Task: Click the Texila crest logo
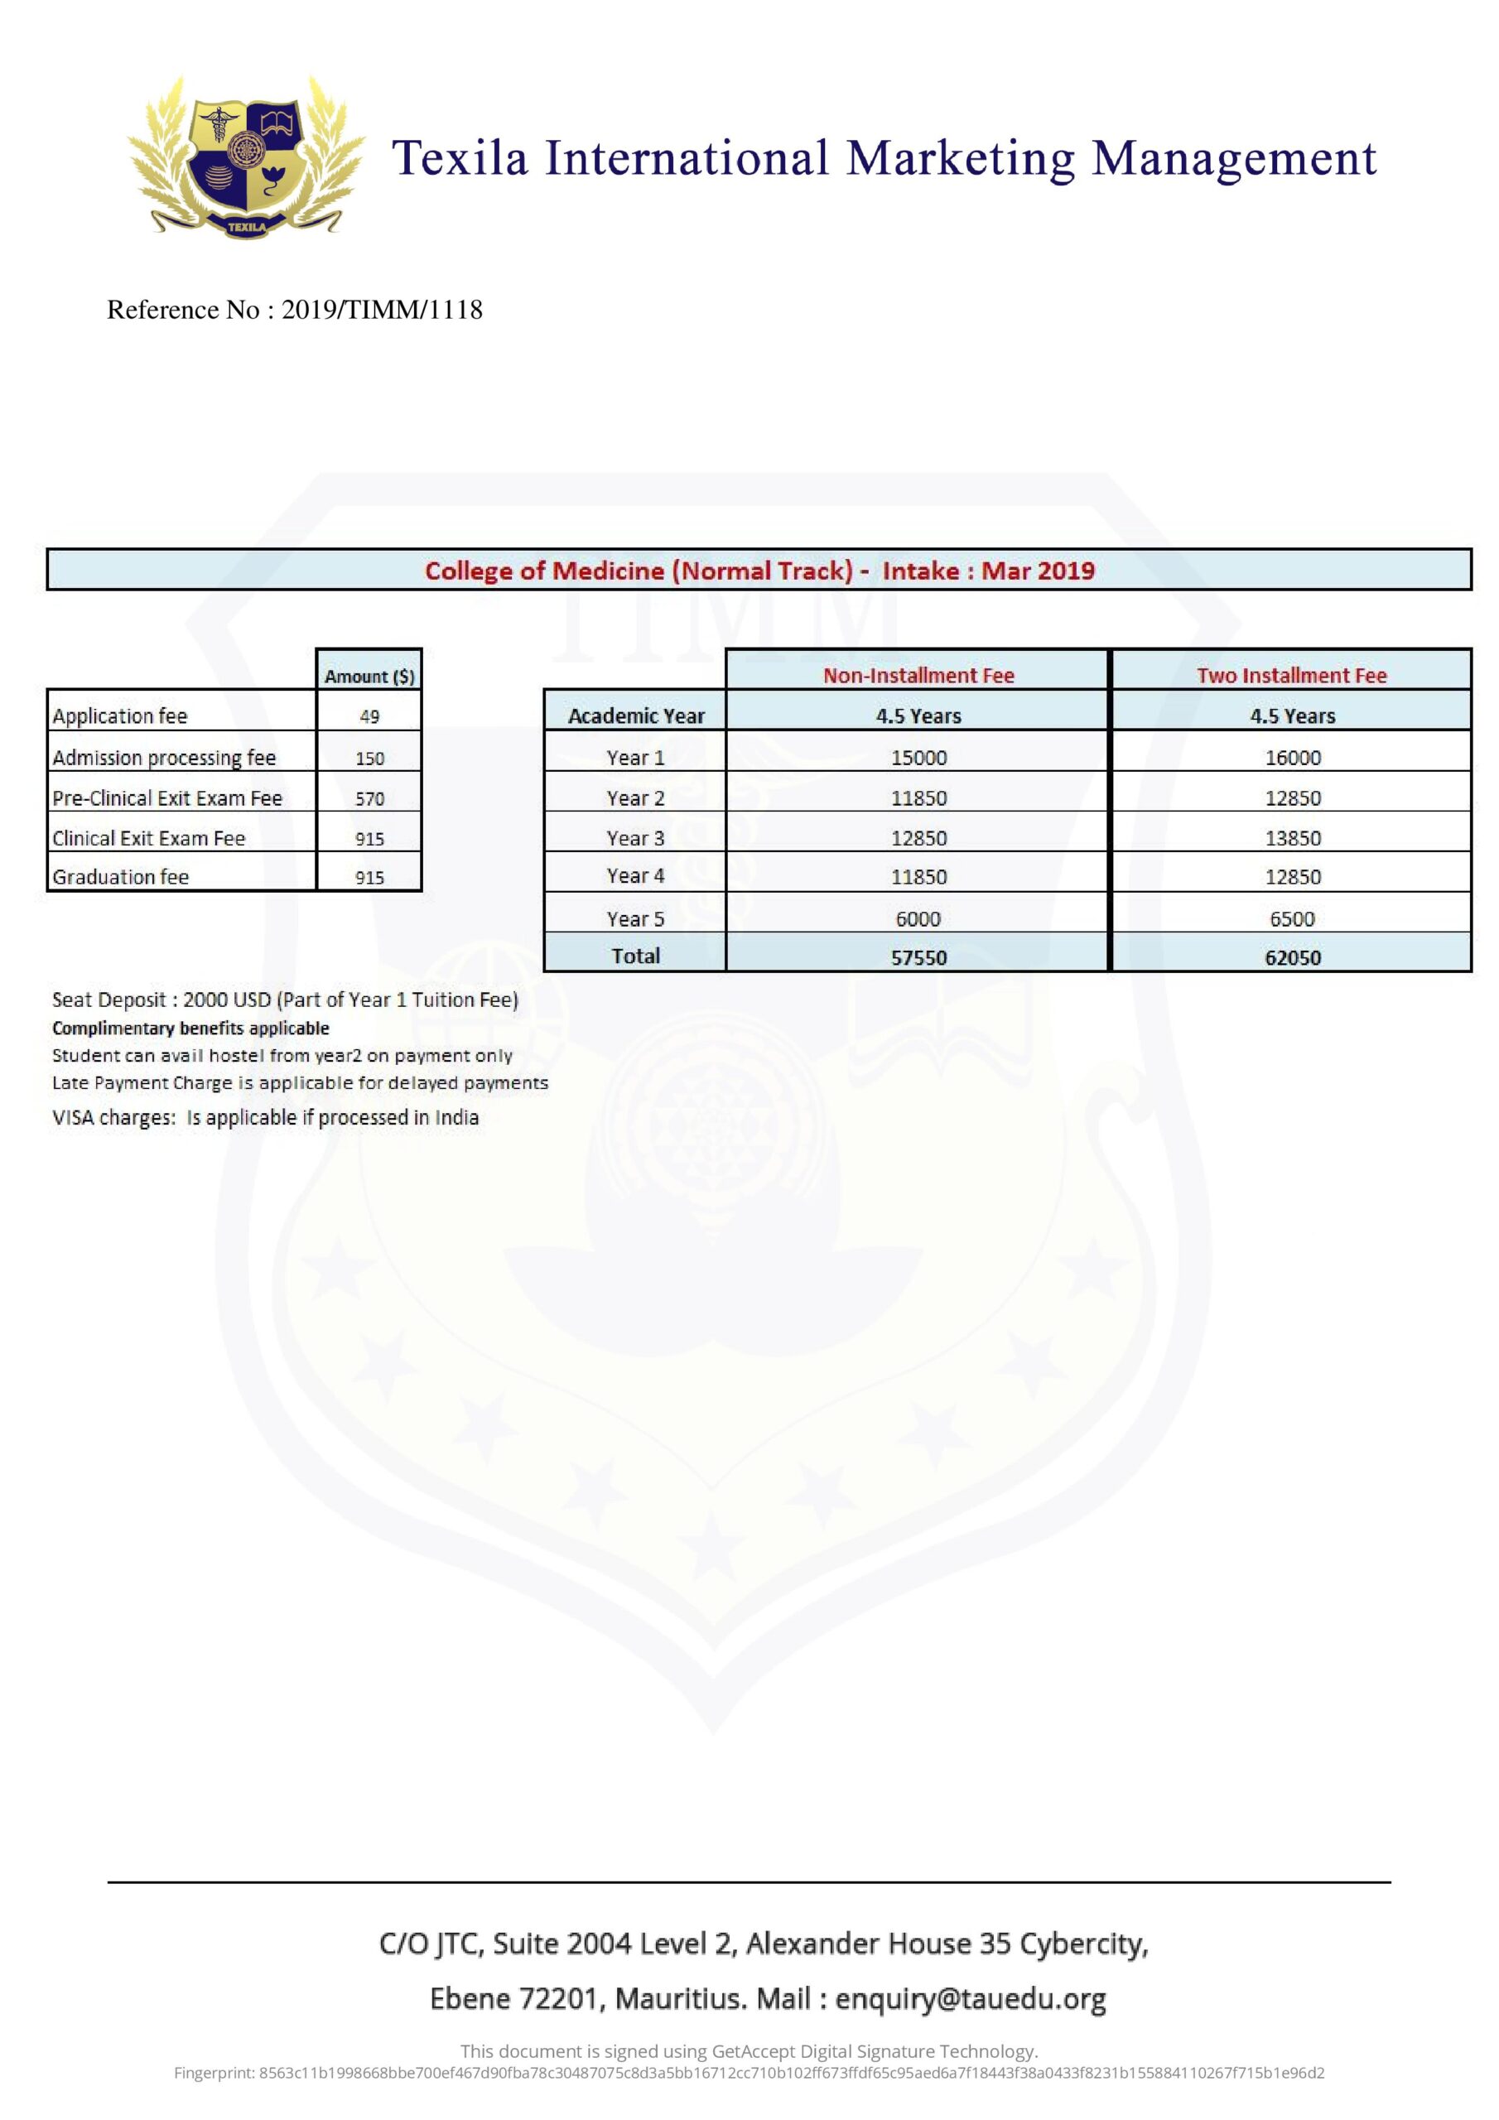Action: [246, 158]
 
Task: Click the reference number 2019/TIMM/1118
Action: [382, 310]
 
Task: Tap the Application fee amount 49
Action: [369, 716]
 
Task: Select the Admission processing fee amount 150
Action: [369, 758]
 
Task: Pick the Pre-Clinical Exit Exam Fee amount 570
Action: [369, 798]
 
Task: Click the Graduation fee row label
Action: [121, 877]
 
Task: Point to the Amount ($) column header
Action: [369, 676]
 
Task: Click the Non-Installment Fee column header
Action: [918, 675]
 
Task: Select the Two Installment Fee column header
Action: [1291, 675]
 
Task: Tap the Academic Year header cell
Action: [635, 715]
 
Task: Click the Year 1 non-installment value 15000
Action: [918, 758]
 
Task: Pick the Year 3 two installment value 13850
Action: [1292, 838]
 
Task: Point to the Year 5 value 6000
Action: [918, 918]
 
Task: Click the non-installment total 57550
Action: [918, 957]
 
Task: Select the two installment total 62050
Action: [1292, 957]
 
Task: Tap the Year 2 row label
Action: [635, 798]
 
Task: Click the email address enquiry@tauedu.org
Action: [970, 1999]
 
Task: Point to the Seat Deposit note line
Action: [284, 1000]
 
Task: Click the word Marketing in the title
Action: [961, 158]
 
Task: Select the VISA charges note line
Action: [265, 1118]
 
